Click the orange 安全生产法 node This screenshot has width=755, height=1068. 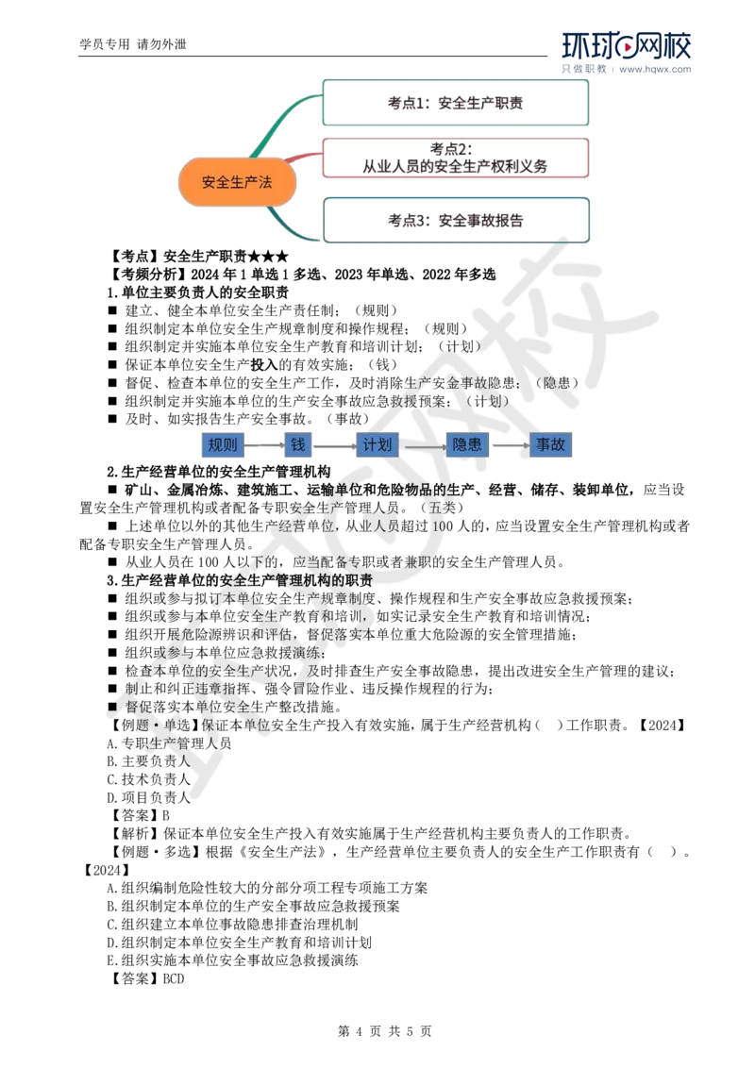237,183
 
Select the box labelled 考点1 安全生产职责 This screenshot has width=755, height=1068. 457,103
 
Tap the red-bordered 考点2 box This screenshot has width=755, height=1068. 457,158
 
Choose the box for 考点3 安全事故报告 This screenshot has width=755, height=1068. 457,220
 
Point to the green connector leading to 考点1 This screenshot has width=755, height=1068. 283,122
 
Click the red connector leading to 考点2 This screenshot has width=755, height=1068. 302,158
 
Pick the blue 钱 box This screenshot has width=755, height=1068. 298,445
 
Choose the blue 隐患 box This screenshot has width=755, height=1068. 467,445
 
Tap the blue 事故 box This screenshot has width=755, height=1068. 551,445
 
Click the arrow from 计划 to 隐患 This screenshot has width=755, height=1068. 425,446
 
